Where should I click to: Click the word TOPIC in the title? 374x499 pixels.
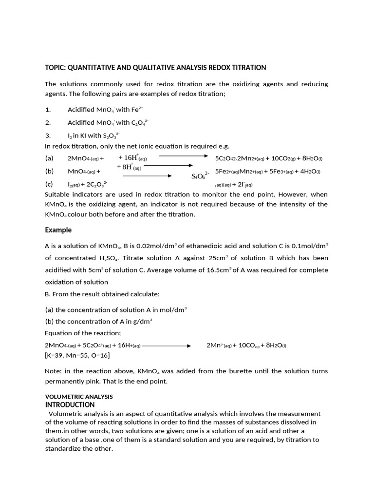pos(55,68)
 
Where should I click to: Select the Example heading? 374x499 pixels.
pos(58,230)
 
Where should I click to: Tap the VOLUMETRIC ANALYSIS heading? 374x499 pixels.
pos(79,397)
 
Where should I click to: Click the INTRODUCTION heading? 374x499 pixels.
pos(70,404)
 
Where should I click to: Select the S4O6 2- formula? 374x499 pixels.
pos(200,175)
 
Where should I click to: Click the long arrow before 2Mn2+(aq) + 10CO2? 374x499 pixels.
pos(166,346)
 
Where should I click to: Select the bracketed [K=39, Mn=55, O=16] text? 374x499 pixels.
pos(77,355)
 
